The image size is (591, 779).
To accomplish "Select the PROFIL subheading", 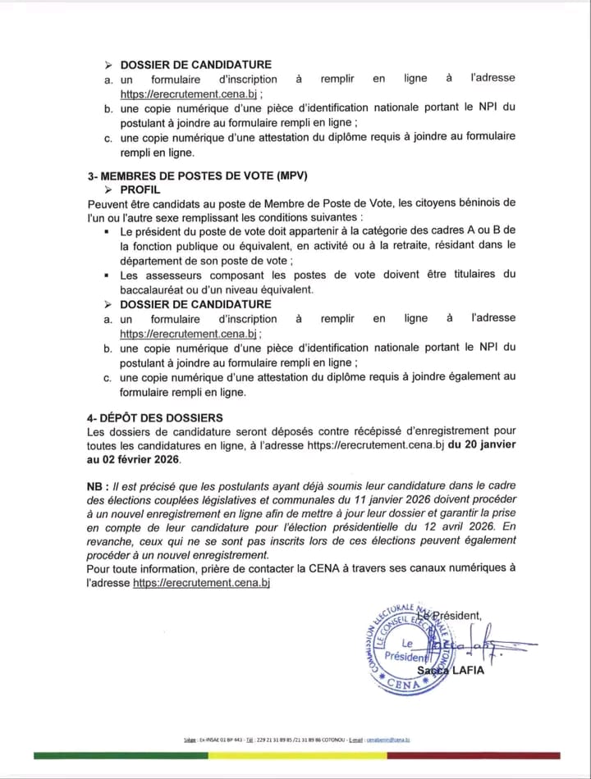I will pyautogui.click(x=140, y=189).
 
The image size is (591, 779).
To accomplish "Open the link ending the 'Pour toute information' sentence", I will pyautogui.click(x=201, y=582).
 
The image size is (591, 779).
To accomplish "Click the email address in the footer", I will pyautogui.click(x=387, y=739).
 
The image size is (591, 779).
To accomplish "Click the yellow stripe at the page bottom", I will pyautogui.click(x=295, y=755).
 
